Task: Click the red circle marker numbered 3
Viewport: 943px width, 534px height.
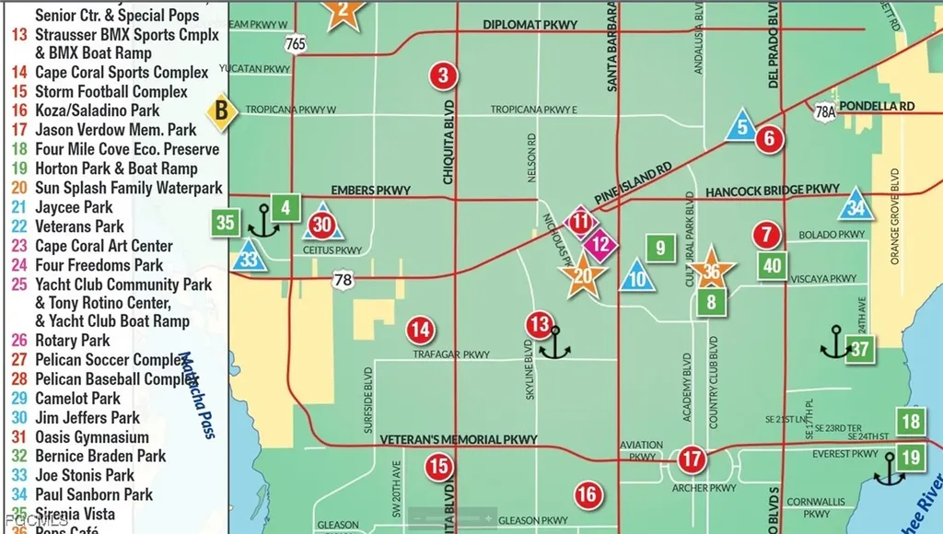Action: (444, 75)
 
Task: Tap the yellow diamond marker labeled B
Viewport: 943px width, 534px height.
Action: (220, 112)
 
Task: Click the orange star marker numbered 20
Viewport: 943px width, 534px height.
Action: (583, 275)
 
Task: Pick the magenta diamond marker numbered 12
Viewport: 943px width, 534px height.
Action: (600, 245)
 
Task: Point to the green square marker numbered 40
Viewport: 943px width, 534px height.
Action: (773, 265)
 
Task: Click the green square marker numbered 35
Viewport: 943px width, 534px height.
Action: (225, 222)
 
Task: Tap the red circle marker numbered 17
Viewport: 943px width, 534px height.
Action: (691, 459)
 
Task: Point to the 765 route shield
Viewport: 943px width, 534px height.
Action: (296, 44)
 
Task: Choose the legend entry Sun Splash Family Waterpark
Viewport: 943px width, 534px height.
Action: (128, 188)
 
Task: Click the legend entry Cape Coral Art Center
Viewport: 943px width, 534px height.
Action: (103, 246)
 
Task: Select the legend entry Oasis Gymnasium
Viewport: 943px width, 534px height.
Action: (91, 437)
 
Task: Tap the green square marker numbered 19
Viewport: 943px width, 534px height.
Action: (911, 457)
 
